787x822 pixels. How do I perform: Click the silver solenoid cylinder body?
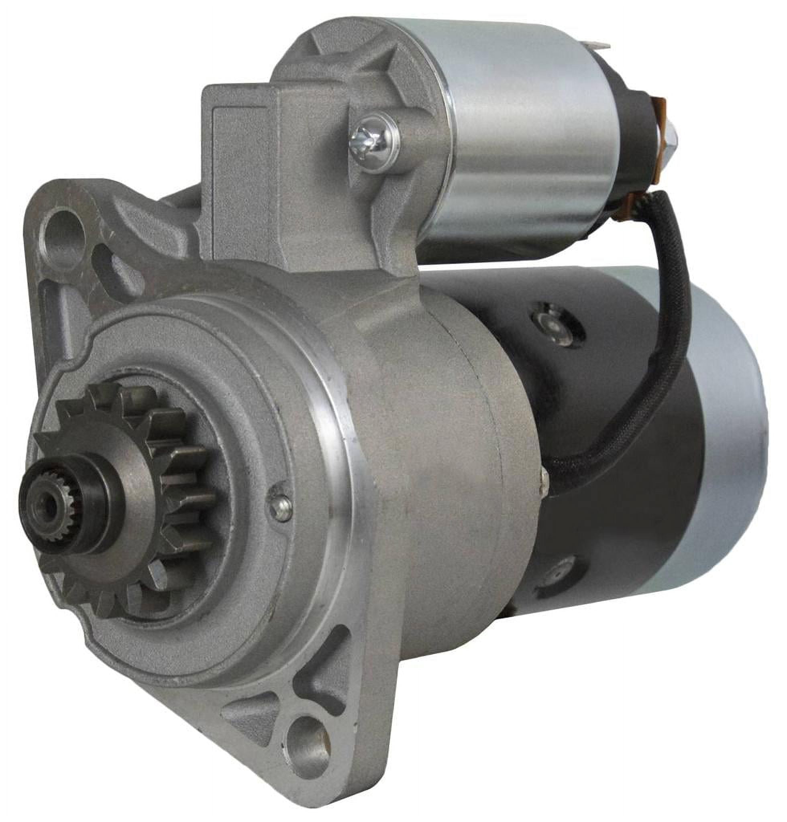(524, 138)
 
